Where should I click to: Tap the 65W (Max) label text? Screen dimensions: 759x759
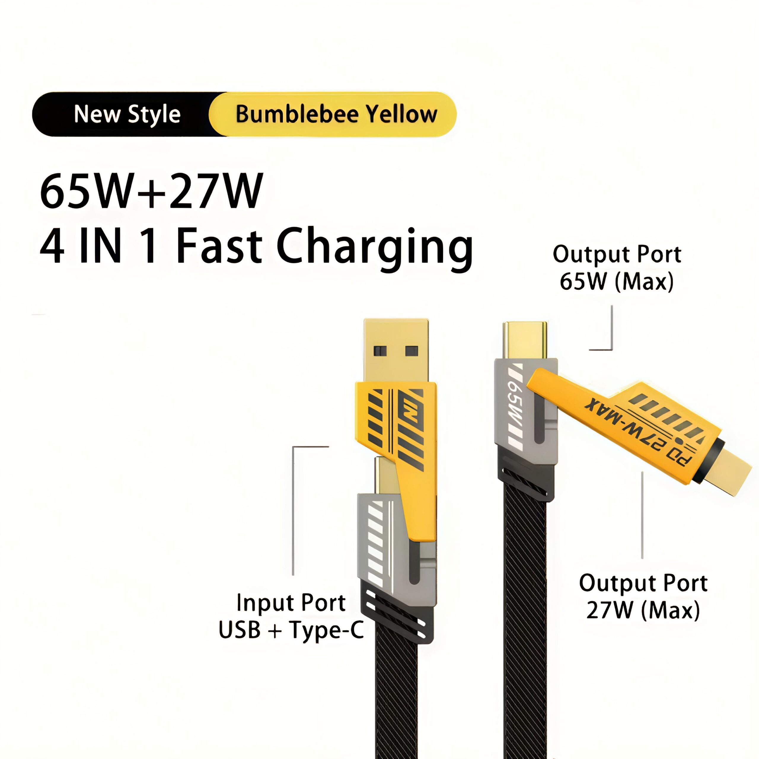[x=616, y=282]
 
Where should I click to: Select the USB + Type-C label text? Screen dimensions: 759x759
[x=291, y=630]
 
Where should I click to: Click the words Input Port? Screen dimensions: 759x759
[x=291, y=603]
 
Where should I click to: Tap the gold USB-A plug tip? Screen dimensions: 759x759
[x=395, y=350]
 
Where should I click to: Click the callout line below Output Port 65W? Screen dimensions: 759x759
[x=611, y=334]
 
